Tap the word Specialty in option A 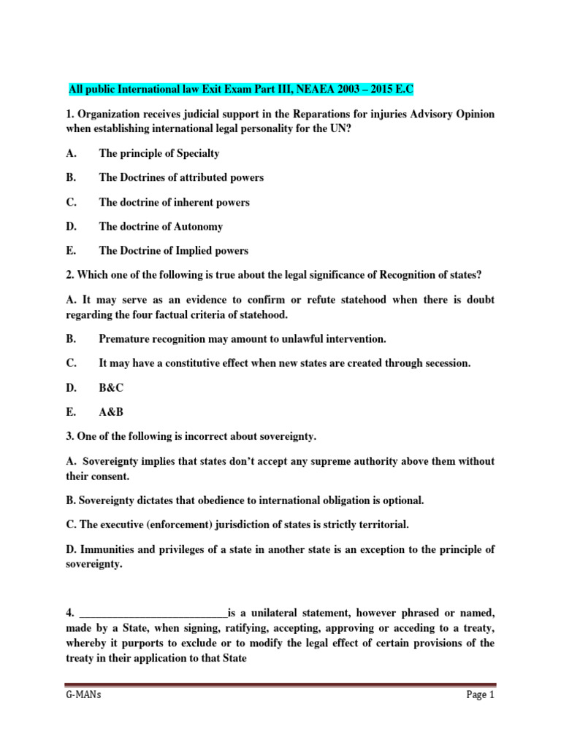[196, 153]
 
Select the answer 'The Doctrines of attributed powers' [181, 177]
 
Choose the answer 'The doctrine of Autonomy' [161, 226]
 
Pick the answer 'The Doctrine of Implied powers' [173, 250]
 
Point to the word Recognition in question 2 [381, 274]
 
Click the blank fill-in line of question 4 [153, 612]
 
